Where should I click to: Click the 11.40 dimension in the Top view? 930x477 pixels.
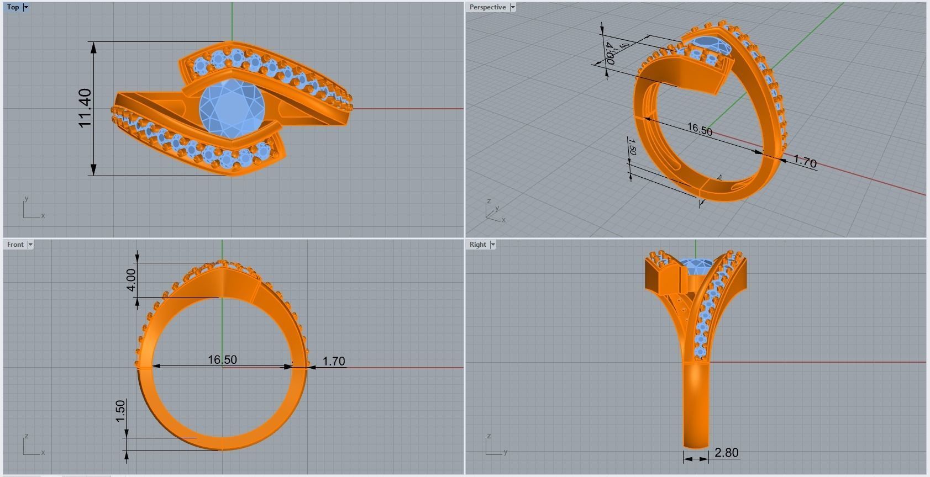85,108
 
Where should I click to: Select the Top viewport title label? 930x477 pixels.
13,7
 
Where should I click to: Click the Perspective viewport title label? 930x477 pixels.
487,7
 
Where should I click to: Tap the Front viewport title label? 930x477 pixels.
15,245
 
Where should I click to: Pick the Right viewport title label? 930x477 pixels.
477,245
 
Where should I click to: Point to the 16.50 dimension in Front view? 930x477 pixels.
222,360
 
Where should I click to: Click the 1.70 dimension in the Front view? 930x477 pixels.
334,362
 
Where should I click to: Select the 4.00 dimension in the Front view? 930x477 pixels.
131,280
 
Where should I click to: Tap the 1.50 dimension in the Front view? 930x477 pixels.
120,411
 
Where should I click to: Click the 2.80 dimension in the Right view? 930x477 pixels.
726,453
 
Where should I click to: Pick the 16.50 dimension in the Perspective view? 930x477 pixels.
700,130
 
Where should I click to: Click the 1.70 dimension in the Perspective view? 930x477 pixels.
805,162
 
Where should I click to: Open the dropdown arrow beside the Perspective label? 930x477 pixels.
513,7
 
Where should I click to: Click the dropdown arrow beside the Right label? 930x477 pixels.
492,245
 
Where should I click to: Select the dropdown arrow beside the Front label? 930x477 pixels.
30,245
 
